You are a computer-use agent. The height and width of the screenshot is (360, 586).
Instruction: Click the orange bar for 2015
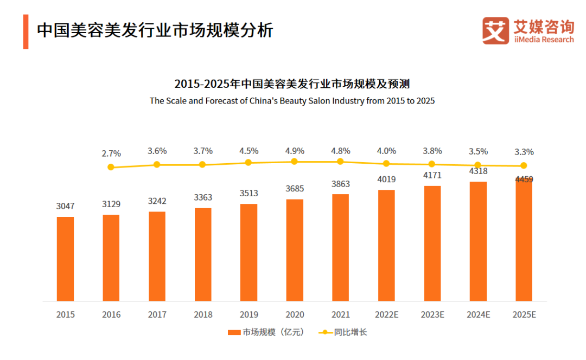[x=65, y=259]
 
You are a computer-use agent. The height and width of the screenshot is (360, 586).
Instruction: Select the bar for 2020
[x=295, y=250]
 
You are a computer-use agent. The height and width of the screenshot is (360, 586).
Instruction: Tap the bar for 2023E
[x=432, y=243]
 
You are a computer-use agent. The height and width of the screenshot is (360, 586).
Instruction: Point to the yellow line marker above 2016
[x=111, y=167]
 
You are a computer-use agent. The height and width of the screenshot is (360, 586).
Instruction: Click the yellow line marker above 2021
[x=340, y=162]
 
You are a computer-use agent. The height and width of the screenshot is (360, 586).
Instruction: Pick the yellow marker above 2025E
[x=524, y=166]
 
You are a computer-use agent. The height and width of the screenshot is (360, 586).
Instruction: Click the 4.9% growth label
[x=295, y=151]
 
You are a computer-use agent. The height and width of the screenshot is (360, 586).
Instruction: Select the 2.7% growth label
[x=111, y=153]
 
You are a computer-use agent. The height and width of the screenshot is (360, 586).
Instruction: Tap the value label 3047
[x=65, y=206]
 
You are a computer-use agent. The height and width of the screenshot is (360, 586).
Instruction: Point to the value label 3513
[x=249, y=194]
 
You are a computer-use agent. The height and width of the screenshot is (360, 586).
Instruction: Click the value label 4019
[x=386, y=179]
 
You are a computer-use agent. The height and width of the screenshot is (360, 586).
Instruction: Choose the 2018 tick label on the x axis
[x=203, y=314]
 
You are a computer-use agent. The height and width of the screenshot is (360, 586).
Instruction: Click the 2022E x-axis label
[x=386, y=314]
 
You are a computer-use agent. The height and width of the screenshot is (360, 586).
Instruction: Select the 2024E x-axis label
[x=478, y=314]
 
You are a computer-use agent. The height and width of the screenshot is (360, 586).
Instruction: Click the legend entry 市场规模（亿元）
[x=266, y=332]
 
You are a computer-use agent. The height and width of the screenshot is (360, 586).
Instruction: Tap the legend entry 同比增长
[x=348, y=332]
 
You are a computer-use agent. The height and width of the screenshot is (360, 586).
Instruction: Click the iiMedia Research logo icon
[x=495, y=30]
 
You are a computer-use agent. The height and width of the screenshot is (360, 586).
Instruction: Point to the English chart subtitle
[x=292, y=101]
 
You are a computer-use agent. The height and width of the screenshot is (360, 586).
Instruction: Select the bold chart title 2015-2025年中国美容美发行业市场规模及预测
[x=292, y=84]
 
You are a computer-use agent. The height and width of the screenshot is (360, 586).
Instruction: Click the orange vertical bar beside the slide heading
[x=26, y=31]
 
